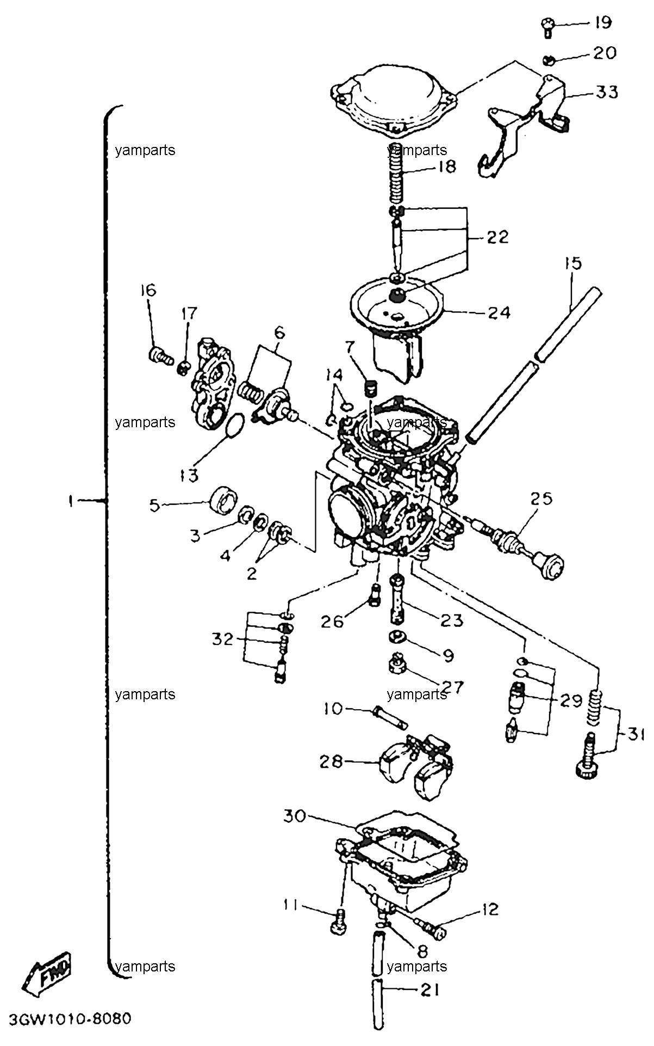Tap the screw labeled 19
coord(547,27)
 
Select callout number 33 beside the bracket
coord(606,93)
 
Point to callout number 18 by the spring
coord(446,166)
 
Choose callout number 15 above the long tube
coord(572,263)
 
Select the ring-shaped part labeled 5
coord(225,499)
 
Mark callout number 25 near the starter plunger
coord(541,499)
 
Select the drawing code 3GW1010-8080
coord(69,1018)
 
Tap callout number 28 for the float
coord(331,761)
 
